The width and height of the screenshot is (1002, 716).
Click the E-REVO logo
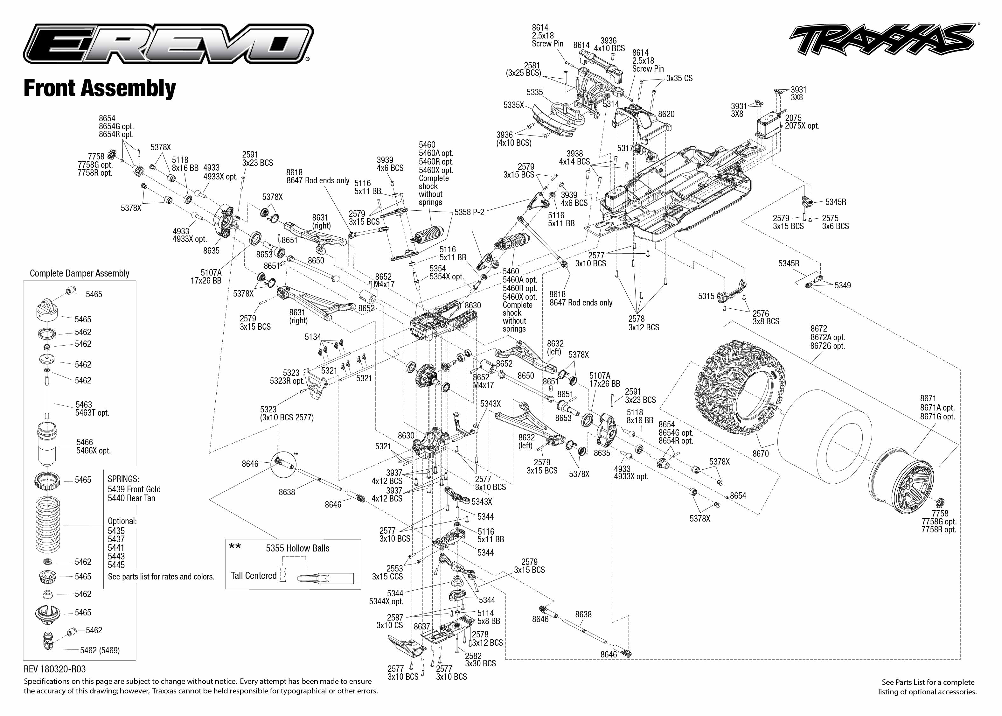[168, 45]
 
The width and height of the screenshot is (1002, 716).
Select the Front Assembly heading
[100, 88]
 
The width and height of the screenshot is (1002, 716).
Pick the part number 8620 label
[666, 114]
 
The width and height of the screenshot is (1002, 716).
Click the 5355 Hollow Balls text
[297, 548]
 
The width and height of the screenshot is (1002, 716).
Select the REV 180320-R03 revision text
[55, 669]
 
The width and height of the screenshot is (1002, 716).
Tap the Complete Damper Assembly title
[79, 273]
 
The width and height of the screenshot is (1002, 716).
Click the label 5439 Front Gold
[134, 489]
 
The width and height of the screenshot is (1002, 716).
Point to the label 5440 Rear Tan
[132, 498]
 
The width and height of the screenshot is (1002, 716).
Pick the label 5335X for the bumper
[514, 105]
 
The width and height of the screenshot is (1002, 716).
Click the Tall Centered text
[254, 575]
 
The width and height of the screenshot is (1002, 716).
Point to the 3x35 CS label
[679, 78]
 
